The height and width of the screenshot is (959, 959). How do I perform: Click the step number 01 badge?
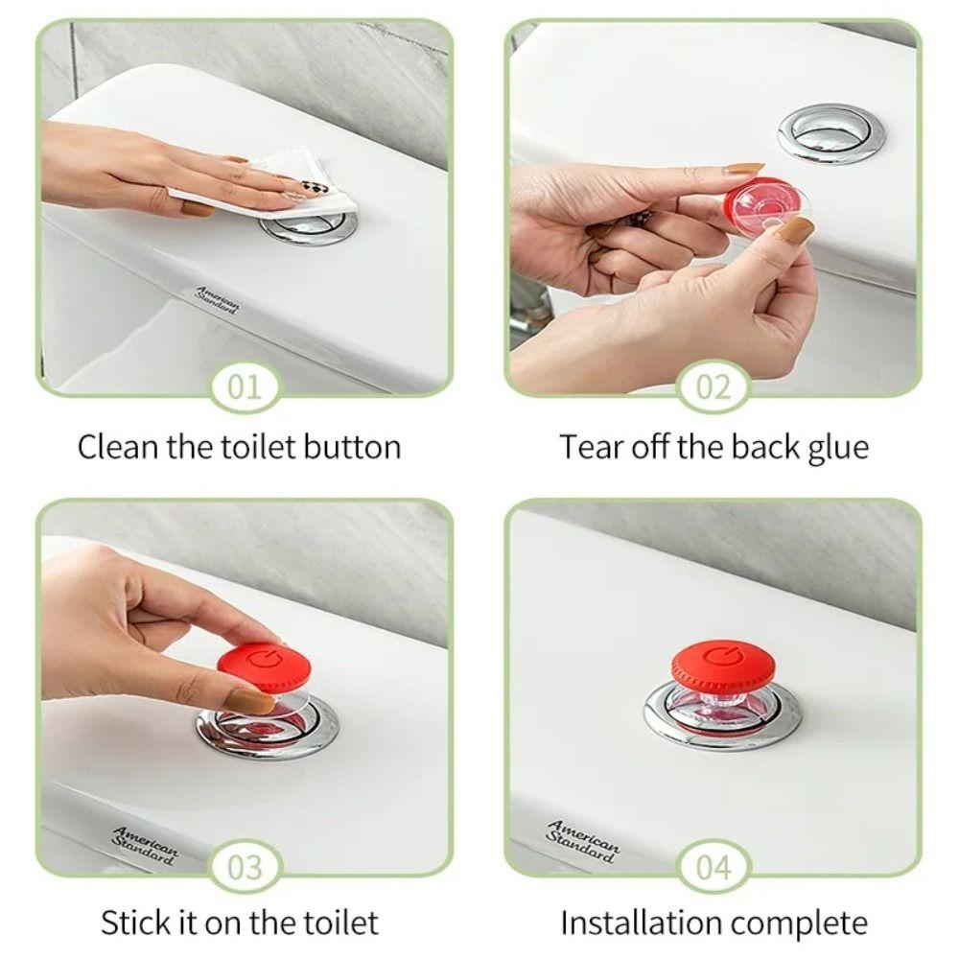tap(245, 388)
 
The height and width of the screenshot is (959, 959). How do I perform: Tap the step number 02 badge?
tap(713, 388)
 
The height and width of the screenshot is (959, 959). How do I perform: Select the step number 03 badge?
tap(245, 868)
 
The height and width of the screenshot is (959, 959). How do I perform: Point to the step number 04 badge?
tap(713, 868)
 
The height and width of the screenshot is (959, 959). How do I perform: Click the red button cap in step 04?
tap(721, 662)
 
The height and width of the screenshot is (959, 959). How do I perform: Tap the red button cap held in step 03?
tap(257, 662)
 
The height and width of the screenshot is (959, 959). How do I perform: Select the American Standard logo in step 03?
tap(145, 845)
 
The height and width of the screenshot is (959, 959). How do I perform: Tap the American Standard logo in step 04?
tap(583, 840)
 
